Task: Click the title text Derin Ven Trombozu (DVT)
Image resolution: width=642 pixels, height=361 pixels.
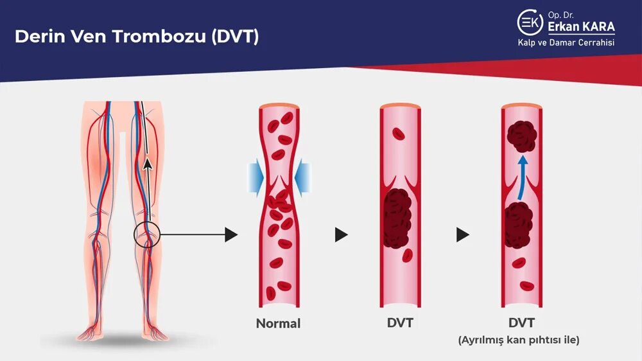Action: (x=136, y=36)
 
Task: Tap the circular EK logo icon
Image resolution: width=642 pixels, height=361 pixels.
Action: (x=530, y=22)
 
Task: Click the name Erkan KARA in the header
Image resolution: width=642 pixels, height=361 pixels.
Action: (x=581, y=27)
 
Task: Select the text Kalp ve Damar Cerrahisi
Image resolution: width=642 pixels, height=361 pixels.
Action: (x=566, y=43)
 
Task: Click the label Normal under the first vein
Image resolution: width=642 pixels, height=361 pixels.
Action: (x=278, y=323)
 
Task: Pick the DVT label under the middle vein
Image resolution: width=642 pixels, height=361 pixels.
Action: (x=399, y=323)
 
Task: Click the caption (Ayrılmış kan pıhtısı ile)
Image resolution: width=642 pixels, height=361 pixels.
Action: (x=519, y=340)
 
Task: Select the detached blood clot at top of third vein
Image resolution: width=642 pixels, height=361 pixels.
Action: (x=521, y=135)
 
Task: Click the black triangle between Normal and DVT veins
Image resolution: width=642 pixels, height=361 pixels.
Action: (x=341, y=235)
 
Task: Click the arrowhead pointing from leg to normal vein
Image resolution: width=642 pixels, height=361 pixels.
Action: (x=231, y=234)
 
